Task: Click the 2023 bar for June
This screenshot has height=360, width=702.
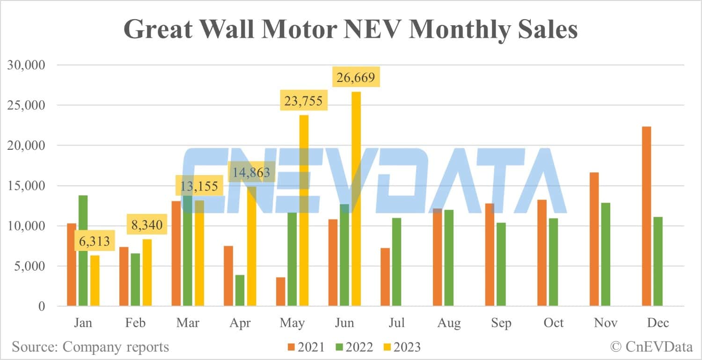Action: (x=356, y=199)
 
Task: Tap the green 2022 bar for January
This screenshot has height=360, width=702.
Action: (x=83, y=250)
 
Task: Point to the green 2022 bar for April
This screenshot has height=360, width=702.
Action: (x=240, y=290)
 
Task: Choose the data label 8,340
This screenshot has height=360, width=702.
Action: (x=146, y=225)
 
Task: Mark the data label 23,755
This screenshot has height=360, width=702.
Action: (x=303, y=101)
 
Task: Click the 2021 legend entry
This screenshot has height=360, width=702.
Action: (x=305, y=347)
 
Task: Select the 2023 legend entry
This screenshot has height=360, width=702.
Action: (x=402, y=347)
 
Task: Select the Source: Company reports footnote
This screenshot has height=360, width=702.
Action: (x=90, y=347)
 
